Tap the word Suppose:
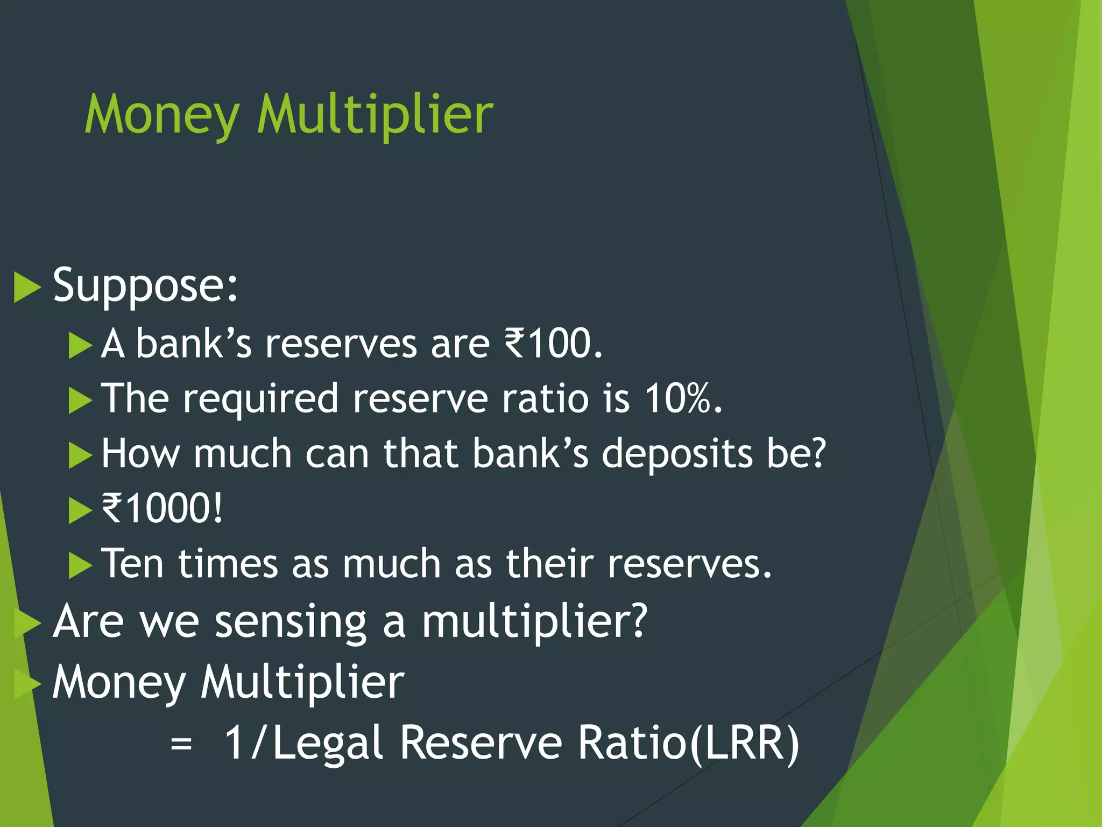[145, 285]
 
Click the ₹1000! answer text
[162, 508]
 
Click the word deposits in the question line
[676, 453]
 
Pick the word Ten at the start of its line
[132, 564]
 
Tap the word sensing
[291, 622]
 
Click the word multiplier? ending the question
[534, 622]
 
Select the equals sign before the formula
[181, 745]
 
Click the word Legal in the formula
[328, 744]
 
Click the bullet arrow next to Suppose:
[27, 287]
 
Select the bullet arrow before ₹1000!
[81, 510]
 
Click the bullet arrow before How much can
[81, 455]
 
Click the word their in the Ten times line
[549, 564]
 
